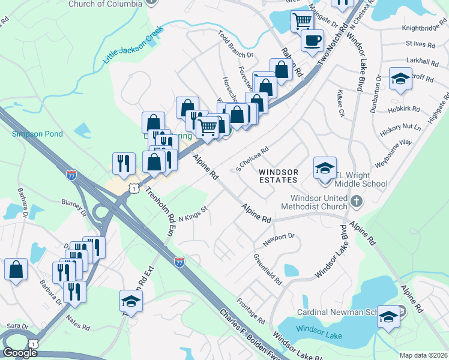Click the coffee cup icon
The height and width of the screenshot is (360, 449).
(312, 40)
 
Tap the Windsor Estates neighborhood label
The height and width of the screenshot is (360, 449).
(278, 176)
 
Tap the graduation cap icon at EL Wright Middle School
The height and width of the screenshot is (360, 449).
(324, 167)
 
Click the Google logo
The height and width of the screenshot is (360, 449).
(20, 353)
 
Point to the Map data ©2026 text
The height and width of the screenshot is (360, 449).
(423, 355)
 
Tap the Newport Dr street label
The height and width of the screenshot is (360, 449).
(279, 239)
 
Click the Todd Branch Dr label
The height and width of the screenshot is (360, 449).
(236, 46)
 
